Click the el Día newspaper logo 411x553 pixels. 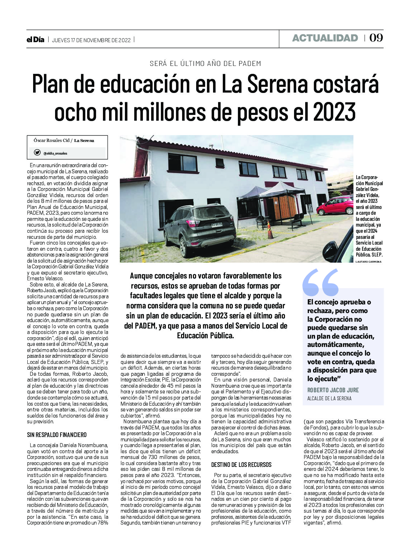(x=35, y=40)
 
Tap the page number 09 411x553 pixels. (x=376, y=38)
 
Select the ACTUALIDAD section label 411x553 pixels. (x=325, y=38)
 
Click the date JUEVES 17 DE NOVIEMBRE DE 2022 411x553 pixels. (x=91, y=40)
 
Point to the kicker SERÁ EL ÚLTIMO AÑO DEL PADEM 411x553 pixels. (x=205, y=63)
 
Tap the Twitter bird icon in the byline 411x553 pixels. (x=37, y=153)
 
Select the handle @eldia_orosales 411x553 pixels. (x=55, y=153)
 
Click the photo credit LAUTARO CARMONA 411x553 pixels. (x=368, y=262)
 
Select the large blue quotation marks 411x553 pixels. (x=320, y=282)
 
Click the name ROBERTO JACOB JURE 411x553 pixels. (x=333, y=390)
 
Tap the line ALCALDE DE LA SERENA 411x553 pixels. (x=329, y=398)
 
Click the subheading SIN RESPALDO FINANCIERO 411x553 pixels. (x=57, y=435)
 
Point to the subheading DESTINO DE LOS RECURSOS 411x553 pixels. (x=241, y=465)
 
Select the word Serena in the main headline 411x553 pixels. (x=271, y=84)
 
